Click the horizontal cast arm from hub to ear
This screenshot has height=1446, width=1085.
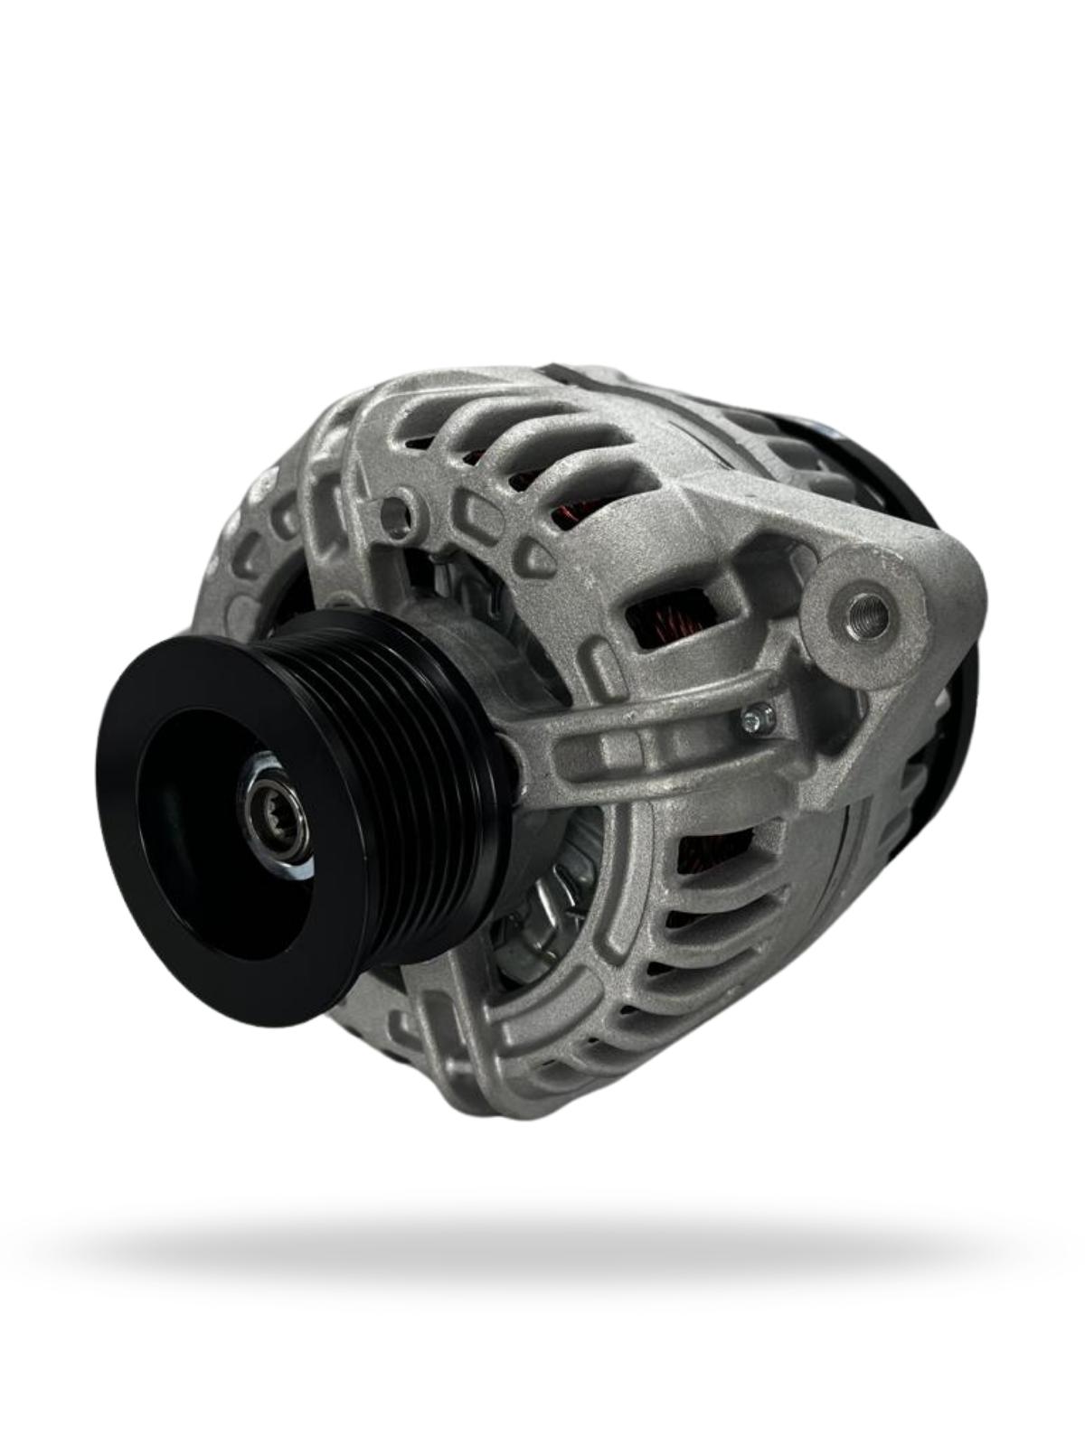[x=633, y=741]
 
